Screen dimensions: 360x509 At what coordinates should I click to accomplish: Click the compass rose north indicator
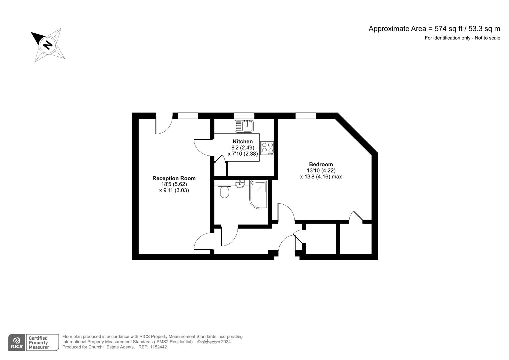(48, 45)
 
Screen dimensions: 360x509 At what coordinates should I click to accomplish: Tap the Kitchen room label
(242, 141)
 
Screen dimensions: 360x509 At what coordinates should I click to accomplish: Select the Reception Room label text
(174, 178)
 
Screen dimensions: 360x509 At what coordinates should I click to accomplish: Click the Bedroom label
(321, 164)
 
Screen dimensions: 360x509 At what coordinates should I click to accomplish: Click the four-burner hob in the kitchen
(267, 148)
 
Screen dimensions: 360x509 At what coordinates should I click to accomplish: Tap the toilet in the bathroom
(225, 191)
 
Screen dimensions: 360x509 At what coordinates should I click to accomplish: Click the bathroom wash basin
(239, 184)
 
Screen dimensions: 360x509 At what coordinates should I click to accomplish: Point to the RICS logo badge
(17, 342)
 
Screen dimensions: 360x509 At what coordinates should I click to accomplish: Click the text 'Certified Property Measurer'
(39, 343)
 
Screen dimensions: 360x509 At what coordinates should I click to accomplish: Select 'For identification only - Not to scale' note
(462, 38)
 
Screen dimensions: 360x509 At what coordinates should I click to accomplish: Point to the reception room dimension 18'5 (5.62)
(174, 184)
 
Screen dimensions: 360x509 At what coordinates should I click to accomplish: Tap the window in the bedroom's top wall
(306, 116)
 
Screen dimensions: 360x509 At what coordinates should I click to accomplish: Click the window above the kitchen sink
(244, 116)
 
